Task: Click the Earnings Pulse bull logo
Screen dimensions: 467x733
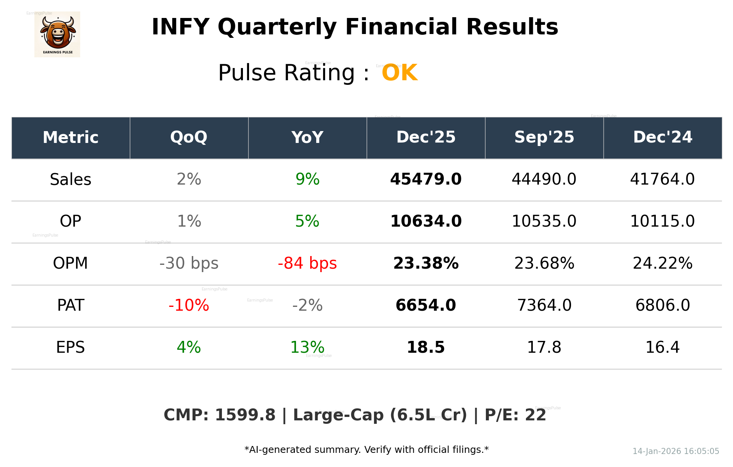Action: click(x=57, y=34)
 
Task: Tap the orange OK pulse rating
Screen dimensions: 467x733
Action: click(x=400, y=73)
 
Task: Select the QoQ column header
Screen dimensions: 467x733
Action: click(x=189, y=137)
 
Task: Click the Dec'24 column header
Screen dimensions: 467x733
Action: click(x=662, y=137)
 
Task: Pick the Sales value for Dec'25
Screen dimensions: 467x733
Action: click(x=426, y=179)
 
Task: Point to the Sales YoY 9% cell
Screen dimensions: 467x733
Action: click(x=307, y=179)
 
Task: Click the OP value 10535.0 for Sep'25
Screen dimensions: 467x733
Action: click(x=544, y=221)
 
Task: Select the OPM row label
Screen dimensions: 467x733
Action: click(x=70, y=263)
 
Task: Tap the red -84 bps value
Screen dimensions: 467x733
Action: click(x=307, y=263)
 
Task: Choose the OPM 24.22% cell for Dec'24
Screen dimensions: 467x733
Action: click(x=662, y=263)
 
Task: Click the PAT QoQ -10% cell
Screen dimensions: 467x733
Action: click(x=189, y=305)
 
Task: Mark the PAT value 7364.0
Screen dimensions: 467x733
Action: click(x=544, y=305)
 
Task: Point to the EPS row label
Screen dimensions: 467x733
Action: click(x=70, y=347)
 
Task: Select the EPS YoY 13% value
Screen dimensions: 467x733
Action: click(x=307, y=347)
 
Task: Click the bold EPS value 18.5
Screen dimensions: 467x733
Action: click(x=426, y=347)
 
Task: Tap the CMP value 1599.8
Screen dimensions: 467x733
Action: click(x=245, y=415)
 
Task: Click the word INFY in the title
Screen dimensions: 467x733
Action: click(x=180, y=27)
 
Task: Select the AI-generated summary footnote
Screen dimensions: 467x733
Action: click(x=366, y=450)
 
